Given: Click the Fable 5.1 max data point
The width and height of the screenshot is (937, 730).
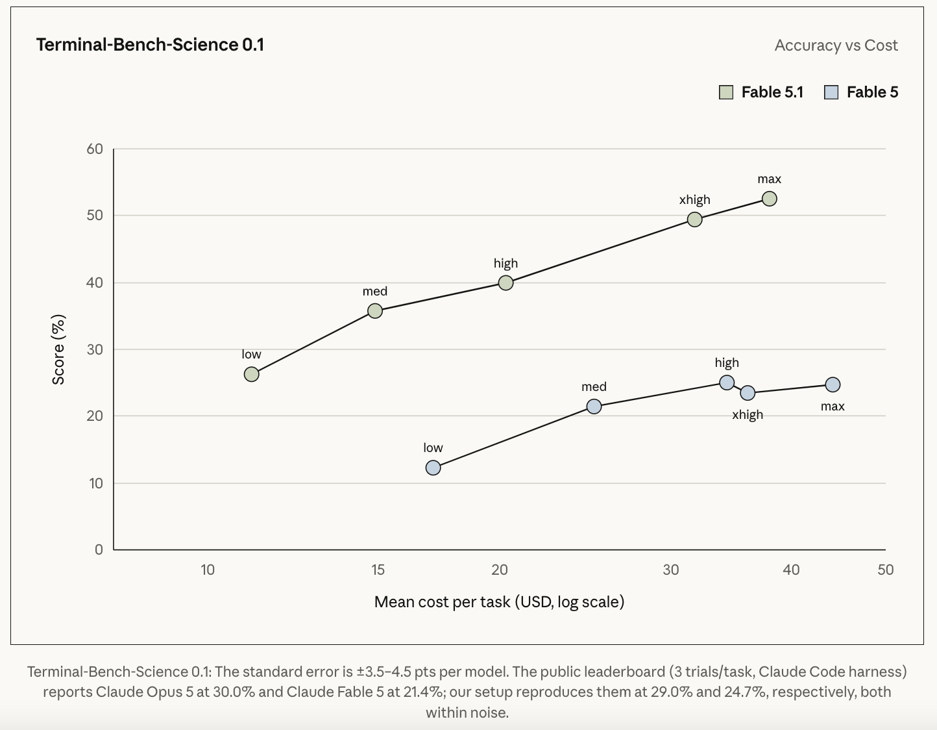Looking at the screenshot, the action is [x=770, y=199].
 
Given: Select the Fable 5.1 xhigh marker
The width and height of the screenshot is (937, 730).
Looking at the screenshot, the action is [x=695, y=220].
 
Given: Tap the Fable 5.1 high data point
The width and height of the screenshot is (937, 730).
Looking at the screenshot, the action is [x=505, y=283].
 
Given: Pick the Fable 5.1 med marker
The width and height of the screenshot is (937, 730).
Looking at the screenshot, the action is [x=375, y=310].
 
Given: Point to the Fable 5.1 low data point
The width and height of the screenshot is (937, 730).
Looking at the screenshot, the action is [x=251, y=374].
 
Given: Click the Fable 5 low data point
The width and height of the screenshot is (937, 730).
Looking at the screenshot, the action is [x=433, y=468].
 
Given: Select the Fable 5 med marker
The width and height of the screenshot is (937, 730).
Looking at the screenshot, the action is [x=594, y=407].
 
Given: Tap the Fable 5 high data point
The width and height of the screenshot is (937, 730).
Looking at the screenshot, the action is [x=727, y=383].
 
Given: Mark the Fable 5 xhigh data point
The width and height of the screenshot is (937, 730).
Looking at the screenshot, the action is [x=748, y=393].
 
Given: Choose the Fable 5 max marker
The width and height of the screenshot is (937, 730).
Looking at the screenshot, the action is [x=833, y=384].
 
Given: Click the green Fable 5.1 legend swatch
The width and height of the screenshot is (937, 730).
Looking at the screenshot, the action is [x=726, y=92].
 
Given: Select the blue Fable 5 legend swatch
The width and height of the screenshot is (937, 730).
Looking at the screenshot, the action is [x=831, y=92].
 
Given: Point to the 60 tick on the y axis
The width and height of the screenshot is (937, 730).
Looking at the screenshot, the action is [x=95, y=149].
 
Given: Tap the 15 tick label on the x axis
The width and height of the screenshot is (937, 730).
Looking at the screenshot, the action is [x=378, y=570].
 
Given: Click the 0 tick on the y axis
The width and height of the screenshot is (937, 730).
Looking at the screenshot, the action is [x=99, y=549].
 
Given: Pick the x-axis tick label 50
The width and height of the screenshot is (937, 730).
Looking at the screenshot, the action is [x=886, y=570].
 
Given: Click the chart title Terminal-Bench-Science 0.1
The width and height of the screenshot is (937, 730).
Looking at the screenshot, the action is [x=150, y=45].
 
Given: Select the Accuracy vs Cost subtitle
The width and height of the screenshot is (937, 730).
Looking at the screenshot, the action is [x=836, y=45].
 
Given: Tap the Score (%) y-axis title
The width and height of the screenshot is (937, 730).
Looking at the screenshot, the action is [x=58, y=349].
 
